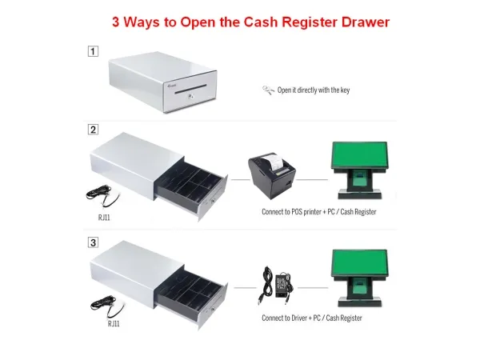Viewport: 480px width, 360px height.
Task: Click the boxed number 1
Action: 93,51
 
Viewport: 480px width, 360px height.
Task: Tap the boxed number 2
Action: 93,130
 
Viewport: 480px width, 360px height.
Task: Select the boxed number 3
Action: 93,242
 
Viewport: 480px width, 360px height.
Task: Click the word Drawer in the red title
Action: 366,22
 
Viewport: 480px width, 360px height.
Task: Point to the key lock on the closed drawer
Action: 191,97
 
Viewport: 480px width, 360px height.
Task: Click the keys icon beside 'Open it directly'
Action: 268,90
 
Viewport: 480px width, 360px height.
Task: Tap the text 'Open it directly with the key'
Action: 314,90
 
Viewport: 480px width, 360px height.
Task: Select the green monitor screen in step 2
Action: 360,154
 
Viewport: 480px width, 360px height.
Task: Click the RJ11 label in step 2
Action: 104,218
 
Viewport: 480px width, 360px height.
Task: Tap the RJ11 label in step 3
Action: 114,323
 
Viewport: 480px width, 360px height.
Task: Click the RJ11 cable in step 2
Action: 102,195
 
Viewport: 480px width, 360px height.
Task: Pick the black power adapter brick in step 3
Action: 282,286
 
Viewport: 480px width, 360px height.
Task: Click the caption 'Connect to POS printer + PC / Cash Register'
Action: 319,212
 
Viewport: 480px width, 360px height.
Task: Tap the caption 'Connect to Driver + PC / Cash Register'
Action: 312,318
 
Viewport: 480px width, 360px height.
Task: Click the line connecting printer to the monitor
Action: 312,180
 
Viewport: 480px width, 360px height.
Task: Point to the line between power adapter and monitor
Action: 313,288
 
